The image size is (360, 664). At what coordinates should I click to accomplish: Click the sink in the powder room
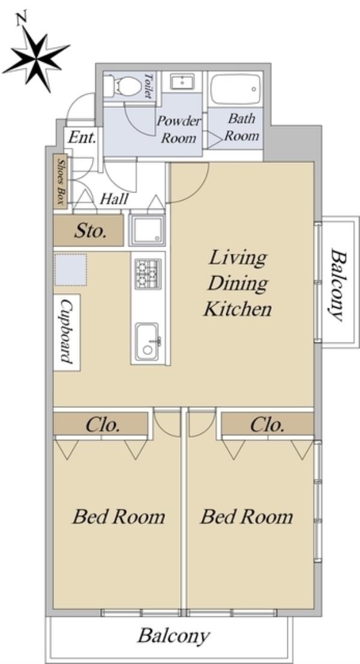coord(182,82)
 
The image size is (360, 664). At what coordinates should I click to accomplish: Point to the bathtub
coord(235,89)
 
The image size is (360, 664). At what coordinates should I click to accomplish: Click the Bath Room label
coord(241,127)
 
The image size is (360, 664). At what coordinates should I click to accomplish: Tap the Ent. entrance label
coord(83,137)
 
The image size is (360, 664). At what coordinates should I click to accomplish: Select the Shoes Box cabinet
coord(60,181)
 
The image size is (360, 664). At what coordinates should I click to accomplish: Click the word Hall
coord(115,199)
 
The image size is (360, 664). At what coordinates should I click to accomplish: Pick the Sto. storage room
coord(89,230)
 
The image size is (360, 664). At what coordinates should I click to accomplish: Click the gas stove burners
coord(148,274)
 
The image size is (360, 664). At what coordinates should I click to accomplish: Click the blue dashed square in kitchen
coord(71,269)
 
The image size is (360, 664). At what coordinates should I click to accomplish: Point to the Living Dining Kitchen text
coord(238,283)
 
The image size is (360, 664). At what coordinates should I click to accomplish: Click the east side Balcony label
coord(337,286)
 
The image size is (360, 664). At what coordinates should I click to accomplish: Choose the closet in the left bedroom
coord(100,423)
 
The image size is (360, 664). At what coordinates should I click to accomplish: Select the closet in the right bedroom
coord(267,423)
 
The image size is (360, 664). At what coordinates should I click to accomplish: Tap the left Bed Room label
coord(119,516)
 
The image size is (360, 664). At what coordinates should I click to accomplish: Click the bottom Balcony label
coord(173,636)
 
